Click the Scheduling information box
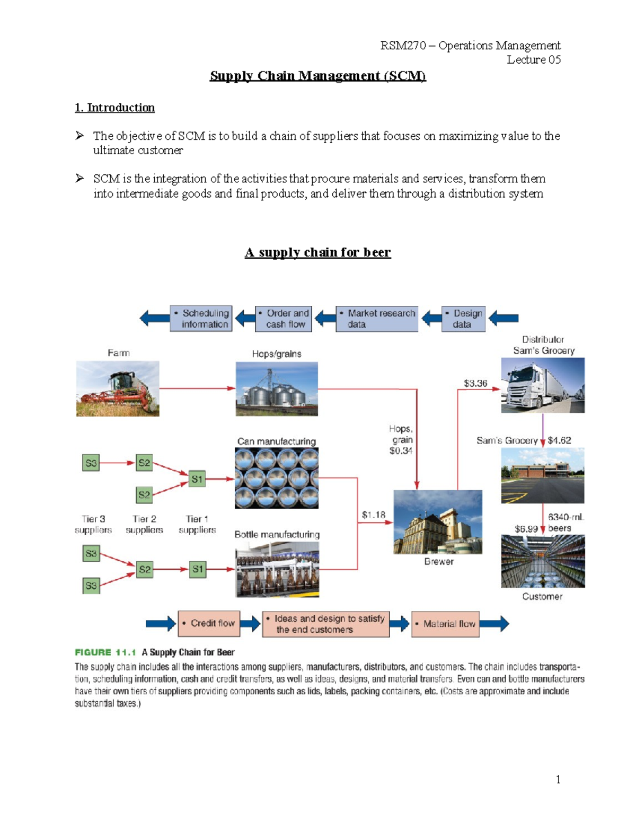(201, 318)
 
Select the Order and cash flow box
(284, 318)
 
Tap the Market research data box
(377, 318)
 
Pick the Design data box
(463, 318)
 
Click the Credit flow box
(209, 623)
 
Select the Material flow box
(445, 624)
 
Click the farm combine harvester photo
(118, 388)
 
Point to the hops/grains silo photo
(277, 388)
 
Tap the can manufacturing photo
(277, 478)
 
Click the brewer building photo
(438, 522)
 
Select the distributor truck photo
(543, 385)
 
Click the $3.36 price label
(475, 383)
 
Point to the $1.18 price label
(373, 515)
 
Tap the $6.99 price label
(526, 529)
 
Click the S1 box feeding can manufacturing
(197, 479)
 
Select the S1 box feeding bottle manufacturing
(197, 570)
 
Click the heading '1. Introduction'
(115, 108)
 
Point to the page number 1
(558, 779)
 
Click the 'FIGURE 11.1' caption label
(105, 652)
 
